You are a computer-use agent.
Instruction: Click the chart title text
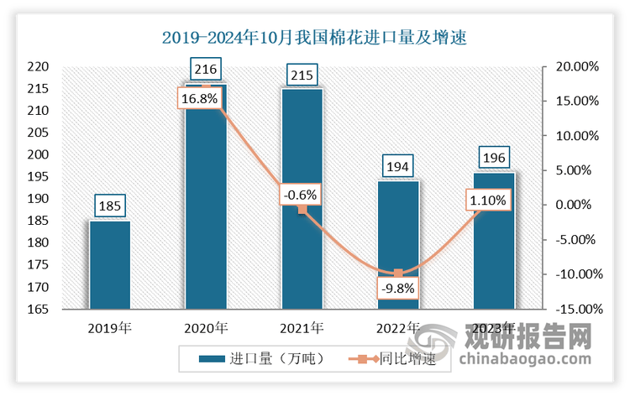314,38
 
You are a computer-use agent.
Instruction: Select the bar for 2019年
110,264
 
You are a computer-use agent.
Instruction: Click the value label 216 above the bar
206,65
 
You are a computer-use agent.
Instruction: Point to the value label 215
302,76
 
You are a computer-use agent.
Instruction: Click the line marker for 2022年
398,274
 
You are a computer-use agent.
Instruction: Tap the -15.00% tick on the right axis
577,309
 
